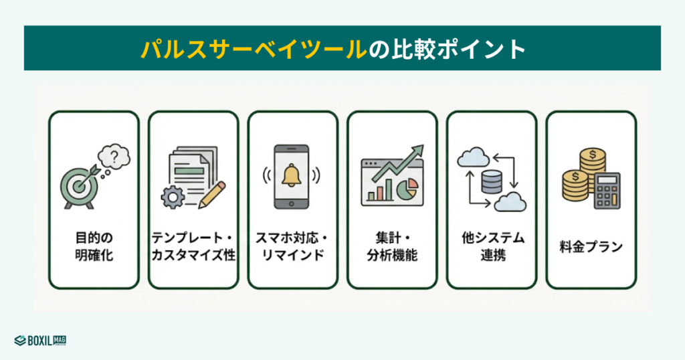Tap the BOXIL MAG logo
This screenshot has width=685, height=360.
coord(40,340)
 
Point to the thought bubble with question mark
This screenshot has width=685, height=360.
coord(114,158)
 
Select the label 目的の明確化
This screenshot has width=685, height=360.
coord(94,246)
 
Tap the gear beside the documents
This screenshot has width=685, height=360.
coord(173,197)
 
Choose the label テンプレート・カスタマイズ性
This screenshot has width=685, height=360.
coord(193,246)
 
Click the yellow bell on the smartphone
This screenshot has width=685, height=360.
coord(292,175)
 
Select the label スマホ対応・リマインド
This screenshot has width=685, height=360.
coord(292,246)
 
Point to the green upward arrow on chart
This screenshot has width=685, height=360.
coord(401,164)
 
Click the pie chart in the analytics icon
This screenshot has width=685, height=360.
coord(407,190)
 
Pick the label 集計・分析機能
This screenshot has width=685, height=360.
coord(392,246)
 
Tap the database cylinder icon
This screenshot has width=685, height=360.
coord(491,180)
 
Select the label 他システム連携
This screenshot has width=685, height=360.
coord(492,246)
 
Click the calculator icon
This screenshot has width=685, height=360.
coord(607,190)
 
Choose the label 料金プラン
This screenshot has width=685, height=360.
coord(591,247)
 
